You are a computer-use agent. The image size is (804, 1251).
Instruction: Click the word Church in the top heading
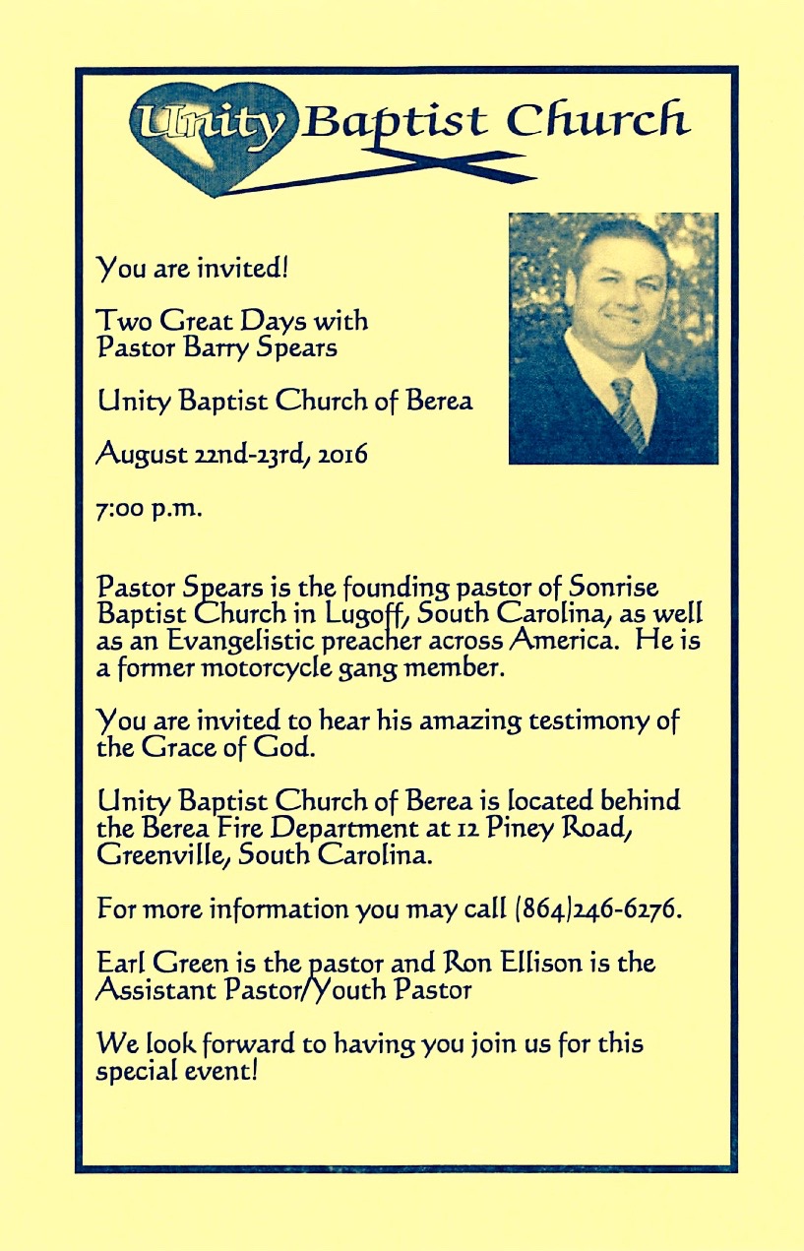click(x=597, y=121)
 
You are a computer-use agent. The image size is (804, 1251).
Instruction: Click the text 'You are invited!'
click(x=191, y=266)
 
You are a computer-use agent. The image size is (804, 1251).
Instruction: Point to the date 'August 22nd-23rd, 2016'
click(x=232, y=456)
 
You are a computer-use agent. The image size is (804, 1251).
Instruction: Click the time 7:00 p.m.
click(x=148, y=510)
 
